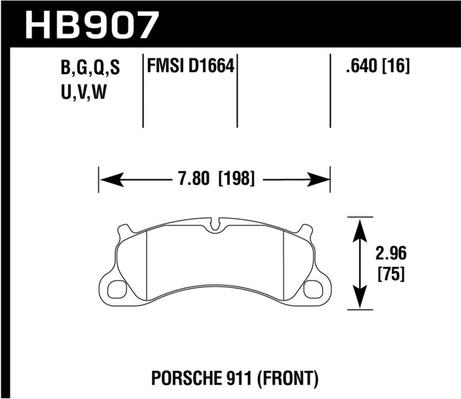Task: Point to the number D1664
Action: coord(211,67)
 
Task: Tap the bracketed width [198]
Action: coord(235,179)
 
